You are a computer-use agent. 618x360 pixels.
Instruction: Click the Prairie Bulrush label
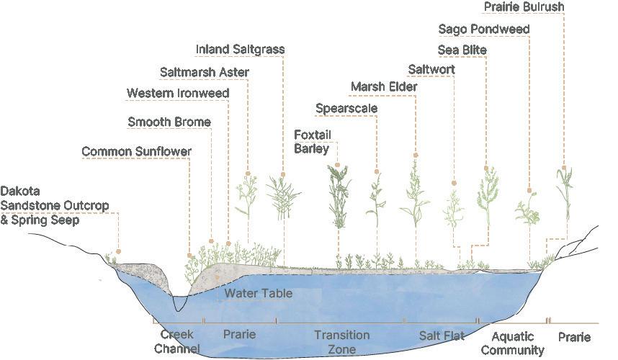click(x=523, y=7)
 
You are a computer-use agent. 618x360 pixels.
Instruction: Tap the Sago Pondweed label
click(x=484, y=30)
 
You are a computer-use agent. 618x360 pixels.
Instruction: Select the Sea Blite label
click(x=462, y=50)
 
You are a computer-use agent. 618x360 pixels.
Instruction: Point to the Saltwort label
click(x=431, y=70)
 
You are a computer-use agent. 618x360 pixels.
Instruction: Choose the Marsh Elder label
click(x=384, y=88)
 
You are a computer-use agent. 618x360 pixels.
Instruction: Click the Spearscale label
click(x=346, y=109)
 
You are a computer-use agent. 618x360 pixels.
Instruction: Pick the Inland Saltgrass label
click(x=241, y=50)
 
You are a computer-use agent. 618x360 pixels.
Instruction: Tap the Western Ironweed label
click(x=178, y=94)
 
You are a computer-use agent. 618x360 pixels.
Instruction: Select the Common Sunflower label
click(x=136, y=152)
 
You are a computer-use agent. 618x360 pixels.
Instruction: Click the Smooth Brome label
click(x=169, y=122)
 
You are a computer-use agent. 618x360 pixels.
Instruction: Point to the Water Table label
click(x=258, y=294)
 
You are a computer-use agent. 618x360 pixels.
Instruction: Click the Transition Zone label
click(x=341, y=342)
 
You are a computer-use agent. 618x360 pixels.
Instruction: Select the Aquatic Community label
click(x=512, y=343)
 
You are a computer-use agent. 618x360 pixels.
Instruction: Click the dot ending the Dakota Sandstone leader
click(x=119, y=252)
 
